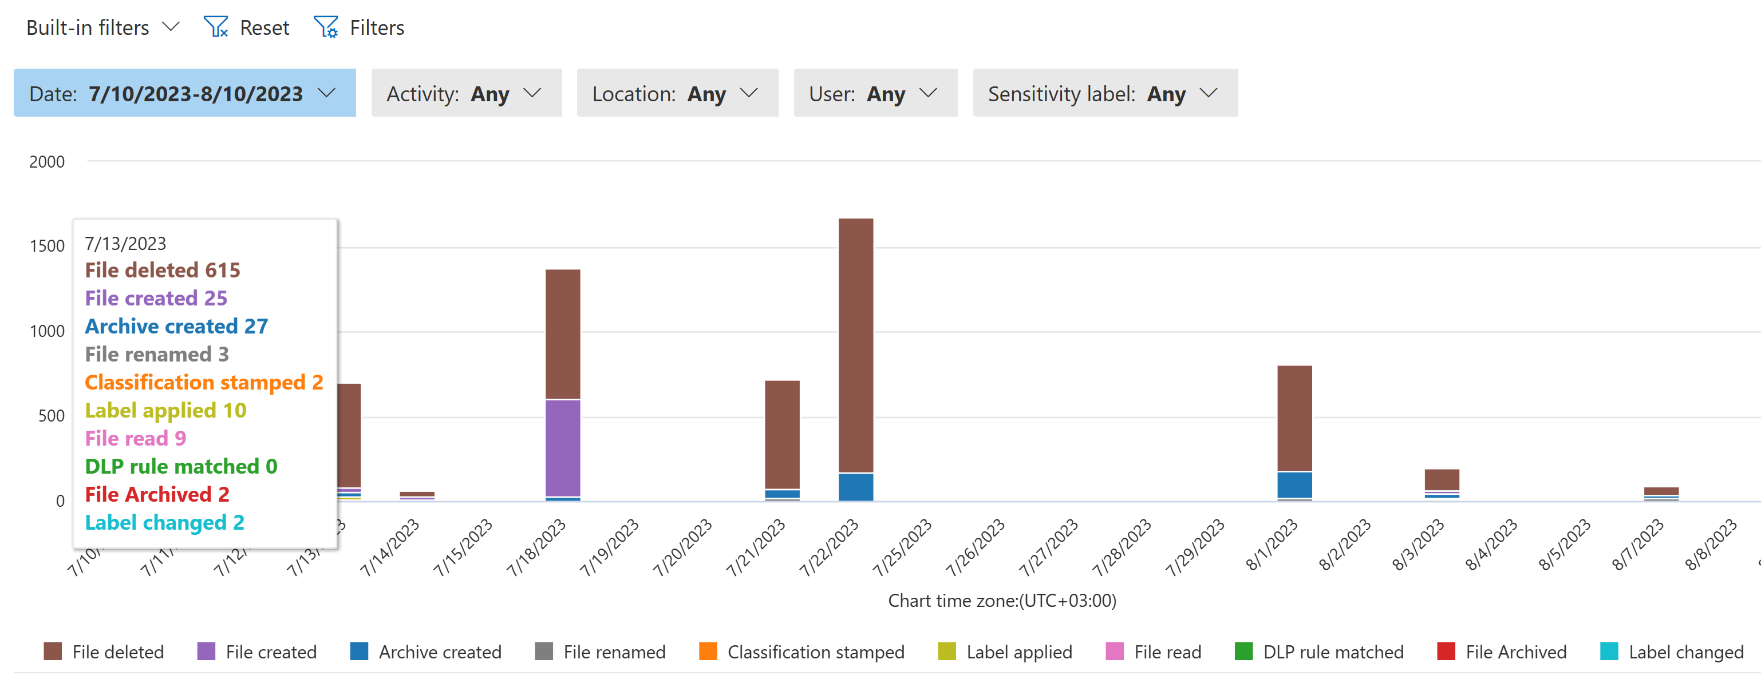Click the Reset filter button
click(x=247, y=27)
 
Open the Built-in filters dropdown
click(x=102, y=27)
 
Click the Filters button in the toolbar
click(x=360, y=27)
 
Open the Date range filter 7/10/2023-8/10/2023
click(x=184, y=93)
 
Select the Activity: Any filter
click(x=465, y=93)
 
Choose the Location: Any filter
click(x=677, y=93)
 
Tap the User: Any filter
click(x=874, y=93)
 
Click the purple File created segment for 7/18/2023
click(x=563, y=447)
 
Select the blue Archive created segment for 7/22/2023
click(x=855, y=487)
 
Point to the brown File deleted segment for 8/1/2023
click(x=1294, y=418)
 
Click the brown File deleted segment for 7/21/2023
click(x=782, y=434)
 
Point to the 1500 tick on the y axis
click(x=47, y=246)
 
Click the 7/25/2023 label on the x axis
click(x=902, y=546)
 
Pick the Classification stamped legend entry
click(x=801, y=652)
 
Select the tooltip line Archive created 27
click(x=176, y=326)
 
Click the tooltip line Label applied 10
click(x=165, y=410)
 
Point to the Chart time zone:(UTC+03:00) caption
click(x=1001, y=601)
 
